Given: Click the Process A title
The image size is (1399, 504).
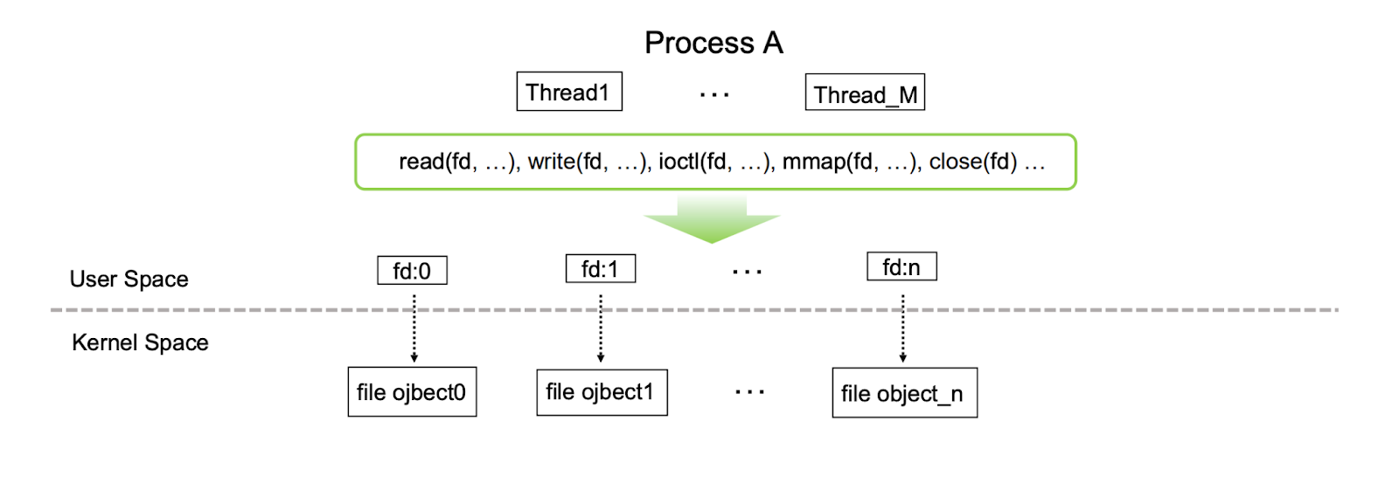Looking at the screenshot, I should click(713, 43).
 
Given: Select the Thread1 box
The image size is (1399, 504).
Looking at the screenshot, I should click(569, 92).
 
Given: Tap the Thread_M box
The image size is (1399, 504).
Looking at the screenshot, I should click(865, 93).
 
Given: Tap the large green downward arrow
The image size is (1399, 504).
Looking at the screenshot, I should click(712, 219).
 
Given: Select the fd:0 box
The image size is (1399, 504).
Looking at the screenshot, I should click(412, 271).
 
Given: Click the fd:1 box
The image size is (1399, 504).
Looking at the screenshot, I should click(601, 269).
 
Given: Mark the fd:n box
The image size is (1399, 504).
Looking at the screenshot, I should click(901, 266).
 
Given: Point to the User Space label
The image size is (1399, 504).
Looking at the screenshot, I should click(129, 279).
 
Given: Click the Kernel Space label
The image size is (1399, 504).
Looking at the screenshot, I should click(140, 342).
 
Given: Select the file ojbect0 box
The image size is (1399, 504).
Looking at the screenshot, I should click(412, 392).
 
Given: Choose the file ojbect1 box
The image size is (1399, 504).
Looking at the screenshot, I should click(602, 392).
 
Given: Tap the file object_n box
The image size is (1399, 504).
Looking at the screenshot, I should click(904, 393).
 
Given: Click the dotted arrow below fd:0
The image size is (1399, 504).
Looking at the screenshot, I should click(414, 328).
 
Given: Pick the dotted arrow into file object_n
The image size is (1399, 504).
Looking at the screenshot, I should click(903, 328).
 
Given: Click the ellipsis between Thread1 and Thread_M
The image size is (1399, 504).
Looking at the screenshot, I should click(714, 93).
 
